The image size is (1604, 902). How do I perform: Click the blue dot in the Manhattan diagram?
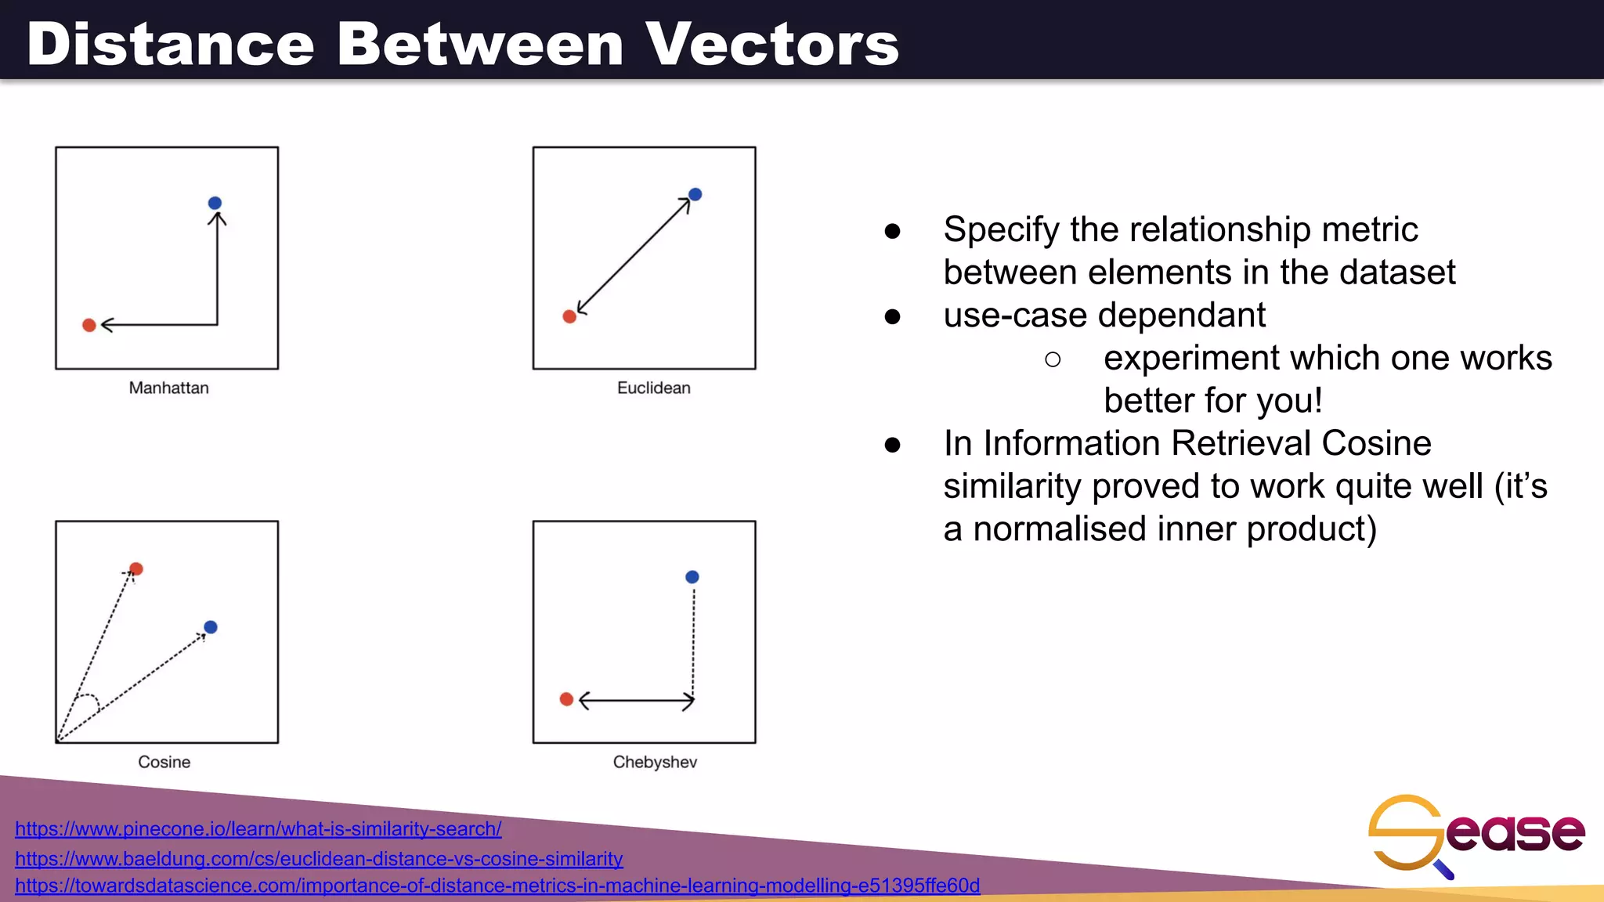click(215, 204)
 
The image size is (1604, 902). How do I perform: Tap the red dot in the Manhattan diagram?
click(89, 325)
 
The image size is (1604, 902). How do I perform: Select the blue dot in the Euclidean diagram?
click(695, 194)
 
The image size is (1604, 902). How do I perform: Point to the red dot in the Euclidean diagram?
click(569, 316)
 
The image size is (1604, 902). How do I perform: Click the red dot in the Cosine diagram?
click(136, 568)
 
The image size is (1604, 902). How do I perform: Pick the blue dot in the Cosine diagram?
click(211, 627)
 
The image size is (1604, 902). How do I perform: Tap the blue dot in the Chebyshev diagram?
click(692, 577)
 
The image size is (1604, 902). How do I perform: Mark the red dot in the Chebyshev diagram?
click(566, 699)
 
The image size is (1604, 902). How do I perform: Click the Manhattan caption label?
click(168, 388)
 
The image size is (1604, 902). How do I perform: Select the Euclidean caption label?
click(653, 388)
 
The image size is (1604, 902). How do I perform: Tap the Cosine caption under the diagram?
click(164, 762)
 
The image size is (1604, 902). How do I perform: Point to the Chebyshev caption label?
click(655, 762)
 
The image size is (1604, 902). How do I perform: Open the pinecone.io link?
click(258, 828)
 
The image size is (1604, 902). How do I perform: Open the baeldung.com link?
click(319, 858)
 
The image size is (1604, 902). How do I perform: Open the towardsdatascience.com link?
click(497, 886)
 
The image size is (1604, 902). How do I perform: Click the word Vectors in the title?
click(771, 44)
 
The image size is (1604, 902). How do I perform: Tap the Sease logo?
click(1476, 833)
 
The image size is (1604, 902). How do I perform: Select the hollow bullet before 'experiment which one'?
click(1053, 359)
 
